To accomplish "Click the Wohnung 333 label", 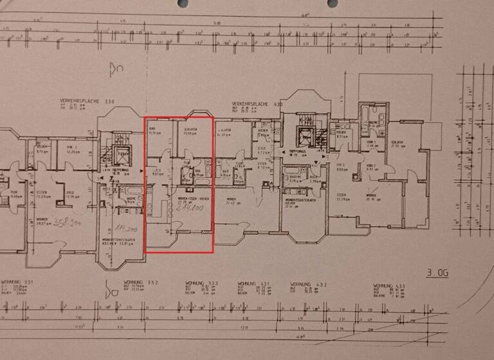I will tap(194, 283).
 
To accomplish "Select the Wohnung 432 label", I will tap(302, 283).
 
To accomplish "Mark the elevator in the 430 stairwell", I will tap(302, 136).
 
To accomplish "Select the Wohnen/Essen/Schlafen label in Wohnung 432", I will tap(301, 199).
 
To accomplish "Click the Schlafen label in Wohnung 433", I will tap(397, 143).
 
